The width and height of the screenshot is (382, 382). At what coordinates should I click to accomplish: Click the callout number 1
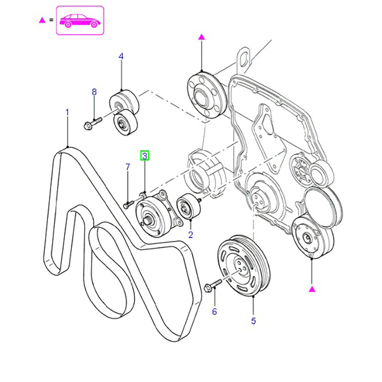(x=67, y=112)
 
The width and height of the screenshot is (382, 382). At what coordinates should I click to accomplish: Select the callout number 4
(x=121, y=56)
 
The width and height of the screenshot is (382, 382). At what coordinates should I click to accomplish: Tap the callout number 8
(x=94, y=92)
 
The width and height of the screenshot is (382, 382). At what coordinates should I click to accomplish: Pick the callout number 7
(x=127, y=167)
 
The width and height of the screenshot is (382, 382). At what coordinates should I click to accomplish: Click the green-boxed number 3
(x=144, y=155)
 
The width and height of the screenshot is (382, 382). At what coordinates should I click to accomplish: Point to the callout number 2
(x=191, y=234)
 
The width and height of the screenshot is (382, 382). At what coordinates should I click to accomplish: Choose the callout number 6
(x=214, y=312)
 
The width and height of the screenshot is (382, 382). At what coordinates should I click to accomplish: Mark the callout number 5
(x=253, y=321)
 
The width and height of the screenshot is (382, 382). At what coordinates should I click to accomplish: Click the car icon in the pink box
(x=80, y=21)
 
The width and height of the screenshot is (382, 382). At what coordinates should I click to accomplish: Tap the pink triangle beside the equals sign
(x=42, y=21)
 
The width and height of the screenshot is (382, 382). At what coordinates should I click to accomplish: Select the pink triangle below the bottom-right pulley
(x=312, y=289)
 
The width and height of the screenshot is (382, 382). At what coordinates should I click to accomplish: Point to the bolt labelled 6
(x=213, y=286)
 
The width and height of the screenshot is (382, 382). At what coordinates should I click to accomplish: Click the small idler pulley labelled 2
(x=186, y=208)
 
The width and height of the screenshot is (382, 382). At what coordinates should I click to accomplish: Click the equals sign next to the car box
(x=51, y=21)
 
